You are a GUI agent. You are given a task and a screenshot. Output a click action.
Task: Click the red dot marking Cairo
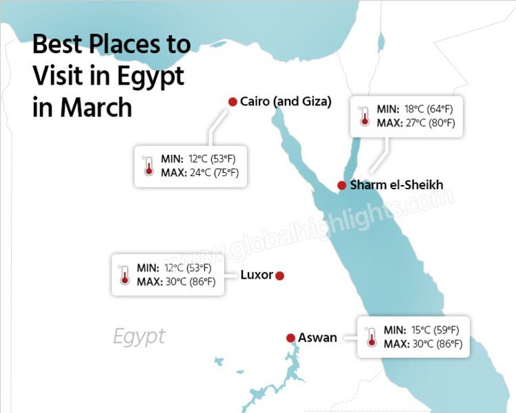click(233, 102)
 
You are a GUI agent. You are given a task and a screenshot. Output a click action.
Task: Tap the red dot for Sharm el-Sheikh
click(341, 185)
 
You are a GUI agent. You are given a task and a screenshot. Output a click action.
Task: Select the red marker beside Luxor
click(279, 276)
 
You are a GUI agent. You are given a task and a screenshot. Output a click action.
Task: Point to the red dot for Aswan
click(291, 338)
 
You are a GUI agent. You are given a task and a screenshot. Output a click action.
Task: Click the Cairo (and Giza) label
click(286, 102)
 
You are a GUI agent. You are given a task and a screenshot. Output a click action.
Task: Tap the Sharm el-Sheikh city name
click(396, 185)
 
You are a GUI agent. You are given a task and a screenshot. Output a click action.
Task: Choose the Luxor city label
click(257, 275)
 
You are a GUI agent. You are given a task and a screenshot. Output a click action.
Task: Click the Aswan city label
click(317, 338)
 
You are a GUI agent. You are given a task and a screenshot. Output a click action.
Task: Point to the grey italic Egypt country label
click(139, 337)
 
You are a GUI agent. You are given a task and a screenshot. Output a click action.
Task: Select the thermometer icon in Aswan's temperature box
click(372, 337)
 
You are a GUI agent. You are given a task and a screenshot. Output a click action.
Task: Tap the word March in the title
click(96, 107)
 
